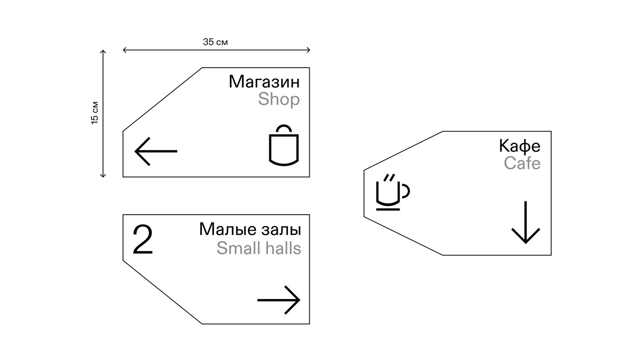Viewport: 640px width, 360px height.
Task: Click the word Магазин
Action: tap(264, 82)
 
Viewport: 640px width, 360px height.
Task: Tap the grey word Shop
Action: tap(279, 100)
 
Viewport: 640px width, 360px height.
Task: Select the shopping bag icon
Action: tap(284, 145)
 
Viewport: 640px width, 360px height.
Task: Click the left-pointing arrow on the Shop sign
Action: tap(156, 151)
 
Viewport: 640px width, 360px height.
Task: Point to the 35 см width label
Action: tap(216, 42)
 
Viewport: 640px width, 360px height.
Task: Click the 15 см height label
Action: tap(95, 113)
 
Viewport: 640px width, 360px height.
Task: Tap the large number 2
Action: tap(143, 240)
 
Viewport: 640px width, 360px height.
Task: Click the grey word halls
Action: tap(283, 248)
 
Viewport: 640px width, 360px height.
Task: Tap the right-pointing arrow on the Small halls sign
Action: tap(279, 300)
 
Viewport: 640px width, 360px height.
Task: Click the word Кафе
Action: tap(520, 146)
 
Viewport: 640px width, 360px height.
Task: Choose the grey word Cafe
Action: tap(522, 163)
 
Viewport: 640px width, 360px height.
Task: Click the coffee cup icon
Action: tap(393, 192)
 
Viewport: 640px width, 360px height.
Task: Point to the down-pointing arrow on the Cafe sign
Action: tap(526, 222)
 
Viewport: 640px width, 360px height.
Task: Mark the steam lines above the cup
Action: tap(389, 177)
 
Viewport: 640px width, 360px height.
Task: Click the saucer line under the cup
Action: tap(388, 209)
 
